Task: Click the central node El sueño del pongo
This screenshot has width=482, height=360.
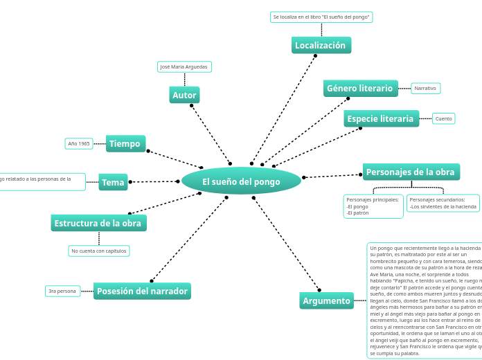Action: tap(241, 181)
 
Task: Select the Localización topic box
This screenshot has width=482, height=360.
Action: tap(321, 46)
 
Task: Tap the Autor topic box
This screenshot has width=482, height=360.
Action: tap(184, 95)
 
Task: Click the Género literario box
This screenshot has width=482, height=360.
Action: tap(360, 89)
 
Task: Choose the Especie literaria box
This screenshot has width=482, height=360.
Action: tap(381, 118)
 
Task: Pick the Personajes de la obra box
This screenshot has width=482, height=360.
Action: tap(411, 172)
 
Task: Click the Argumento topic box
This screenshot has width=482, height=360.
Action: tap(327, 300)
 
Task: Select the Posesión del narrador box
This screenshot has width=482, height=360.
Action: tap(142, 291)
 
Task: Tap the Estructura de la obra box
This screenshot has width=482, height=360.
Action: tap(98, 223)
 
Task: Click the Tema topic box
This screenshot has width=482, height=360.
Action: tap(113, 183)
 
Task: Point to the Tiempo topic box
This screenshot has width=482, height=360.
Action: tap(125, 143)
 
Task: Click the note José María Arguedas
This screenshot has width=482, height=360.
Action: tap(184, 67)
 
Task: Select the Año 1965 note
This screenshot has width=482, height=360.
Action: tap(79, 144)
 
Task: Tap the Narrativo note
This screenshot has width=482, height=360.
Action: tap(425, 89)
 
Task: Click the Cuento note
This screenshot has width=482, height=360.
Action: tap(443, 118)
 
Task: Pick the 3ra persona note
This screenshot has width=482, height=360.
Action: tap(62, 291)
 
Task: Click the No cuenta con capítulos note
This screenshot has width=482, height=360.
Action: tap(99, 251)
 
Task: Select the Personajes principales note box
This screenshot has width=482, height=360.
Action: tap(373, 206)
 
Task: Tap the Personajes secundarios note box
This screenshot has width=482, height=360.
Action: tap(443, 203)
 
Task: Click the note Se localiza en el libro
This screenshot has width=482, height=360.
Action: tap(321, 17)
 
